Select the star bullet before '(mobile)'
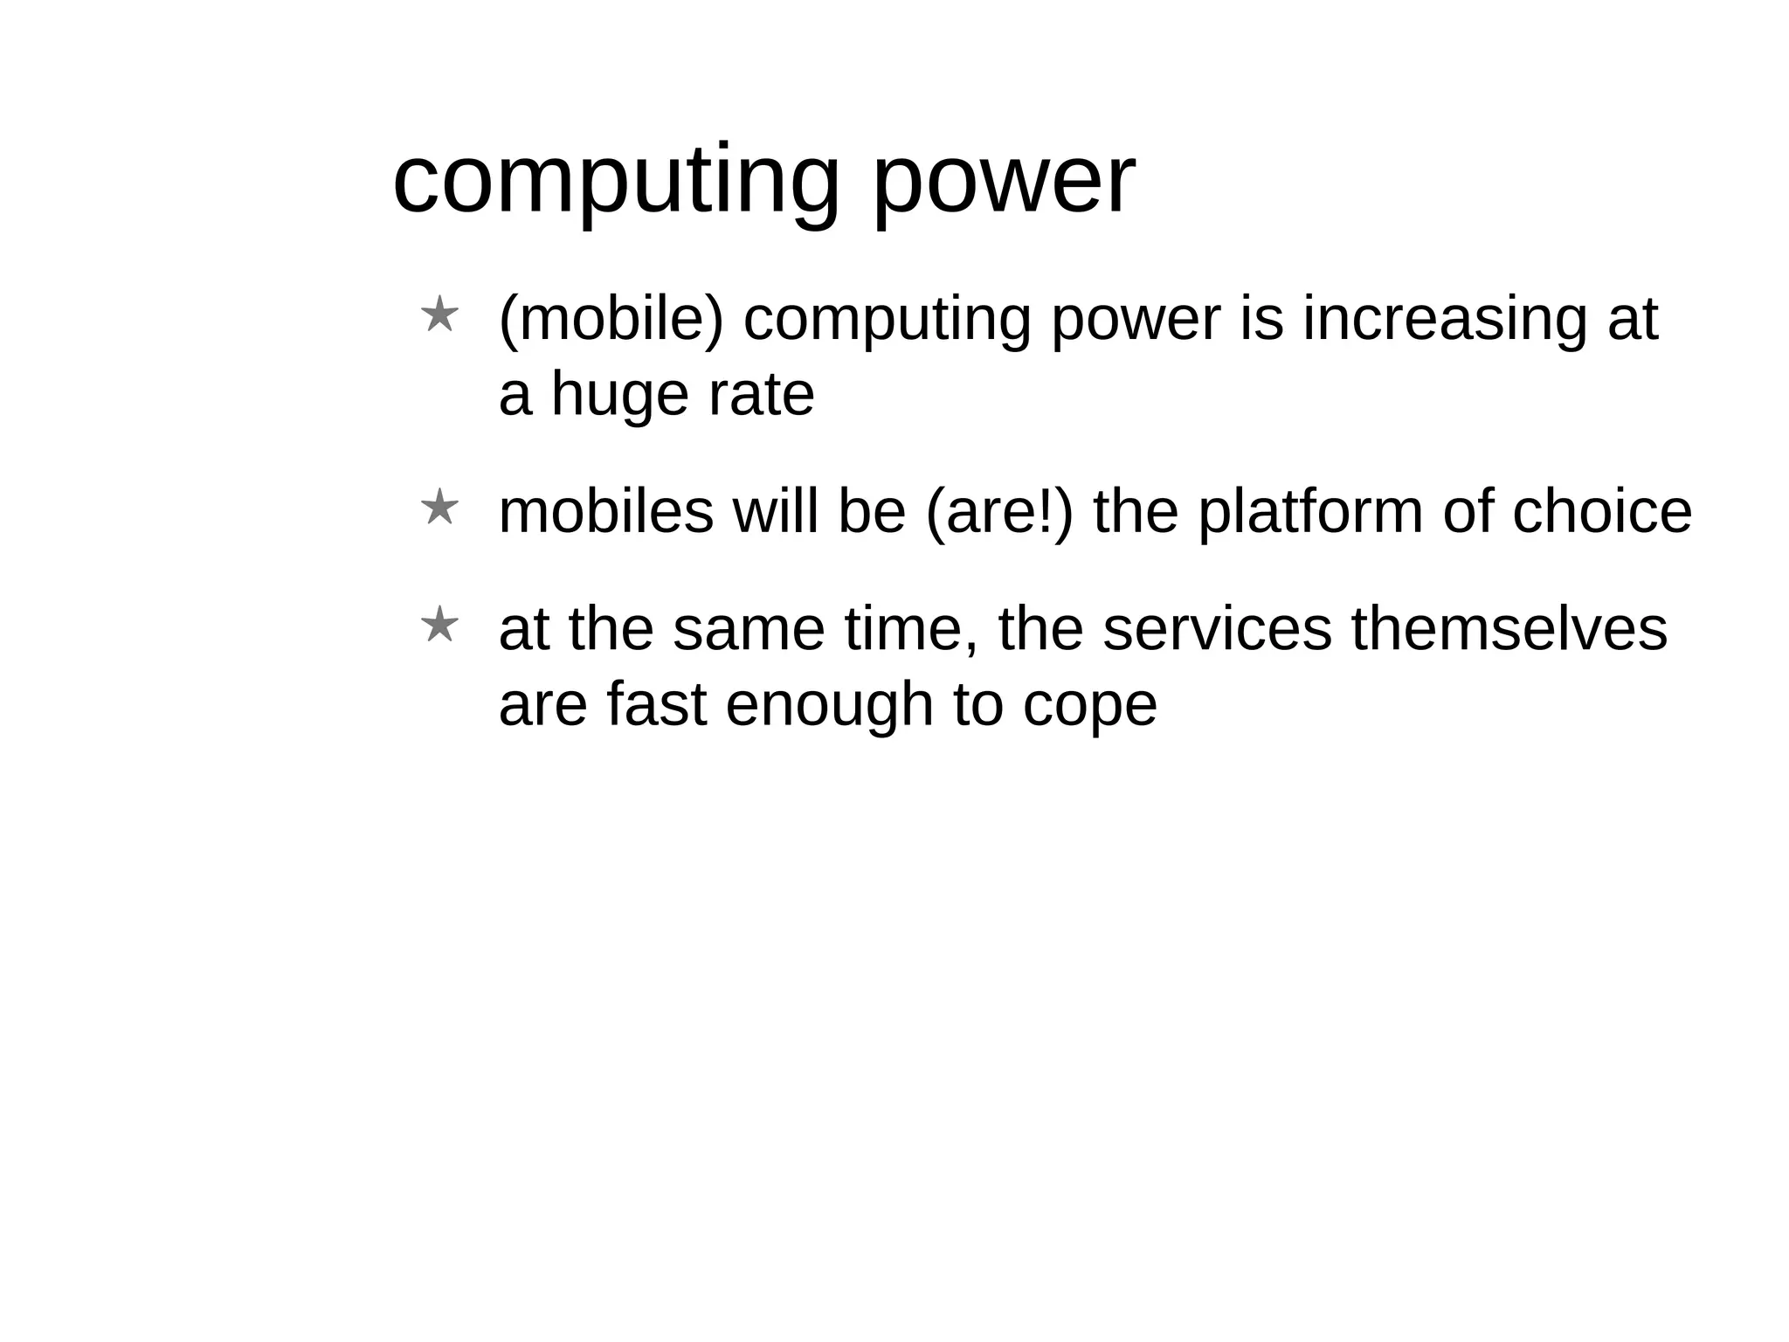coord(439,315)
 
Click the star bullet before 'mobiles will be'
coord(439,508)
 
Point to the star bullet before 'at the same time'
coord(439,626)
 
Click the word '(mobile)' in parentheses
coord(611,319)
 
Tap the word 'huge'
coord(619,395)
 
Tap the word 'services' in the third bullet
coord(1217,630)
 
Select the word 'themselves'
coord(1509,630)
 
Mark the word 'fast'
coord(656,705)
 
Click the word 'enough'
coord(829,705)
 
